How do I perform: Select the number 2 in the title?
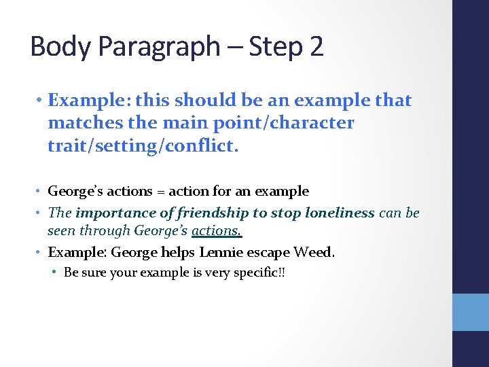coord(316,46)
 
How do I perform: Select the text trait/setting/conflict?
coord(143,146)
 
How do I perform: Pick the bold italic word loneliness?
coord(338,212)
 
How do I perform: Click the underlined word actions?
coord(217,231)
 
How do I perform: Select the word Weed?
coord(314,252)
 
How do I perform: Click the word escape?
coord(269,253)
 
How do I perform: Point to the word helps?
coord(179,252)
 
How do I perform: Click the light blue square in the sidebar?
coord(471,312)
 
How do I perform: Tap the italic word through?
coord(106,231)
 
